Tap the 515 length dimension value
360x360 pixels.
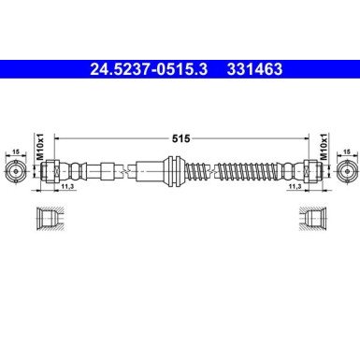click(x=180, y=137)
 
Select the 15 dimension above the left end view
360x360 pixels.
click(x=17, y=151)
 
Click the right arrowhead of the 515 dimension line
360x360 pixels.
click(x=305, y=137)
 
